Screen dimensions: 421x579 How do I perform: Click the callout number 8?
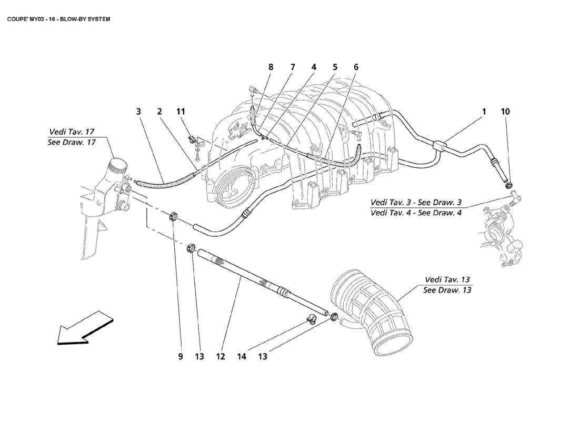271,67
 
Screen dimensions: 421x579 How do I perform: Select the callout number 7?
292,67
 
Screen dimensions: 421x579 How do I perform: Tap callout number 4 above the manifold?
313,67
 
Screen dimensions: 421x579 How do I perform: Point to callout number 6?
356,67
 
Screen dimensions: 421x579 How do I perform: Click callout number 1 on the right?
483,112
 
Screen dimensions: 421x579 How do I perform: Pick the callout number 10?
505,112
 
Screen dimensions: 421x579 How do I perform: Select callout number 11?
181,112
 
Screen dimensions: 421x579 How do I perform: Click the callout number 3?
138,112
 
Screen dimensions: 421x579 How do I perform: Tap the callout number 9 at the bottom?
180,357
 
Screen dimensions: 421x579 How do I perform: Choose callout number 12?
220,357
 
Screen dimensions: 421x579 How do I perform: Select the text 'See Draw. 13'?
447,290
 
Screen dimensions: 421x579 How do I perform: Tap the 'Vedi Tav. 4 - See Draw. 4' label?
416,213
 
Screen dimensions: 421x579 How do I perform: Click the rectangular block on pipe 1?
438,145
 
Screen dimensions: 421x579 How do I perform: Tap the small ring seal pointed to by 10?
510,184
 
